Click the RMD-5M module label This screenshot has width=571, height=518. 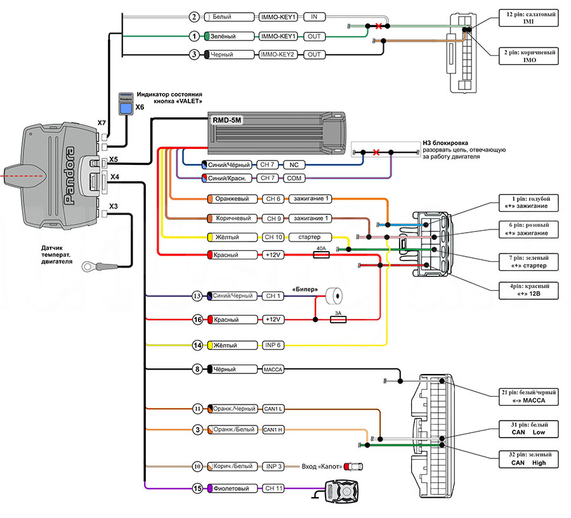[227, 120]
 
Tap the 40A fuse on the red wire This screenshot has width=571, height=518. [321, 254]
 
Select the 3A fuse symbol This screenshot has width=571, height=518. [338, 320]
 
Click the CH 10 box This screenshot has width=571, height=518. [273, 237]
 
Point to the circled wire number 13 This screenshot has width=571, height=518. [197, 296]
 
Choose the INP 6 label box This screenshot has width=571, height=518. [273, 345]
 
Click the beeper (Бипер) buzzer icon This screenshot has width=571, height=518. [334, 295]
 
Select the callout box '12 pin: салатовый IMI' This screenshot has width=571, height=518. [528, 18]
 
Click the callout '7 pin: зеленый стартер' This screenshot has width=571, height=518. [528, 262]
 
